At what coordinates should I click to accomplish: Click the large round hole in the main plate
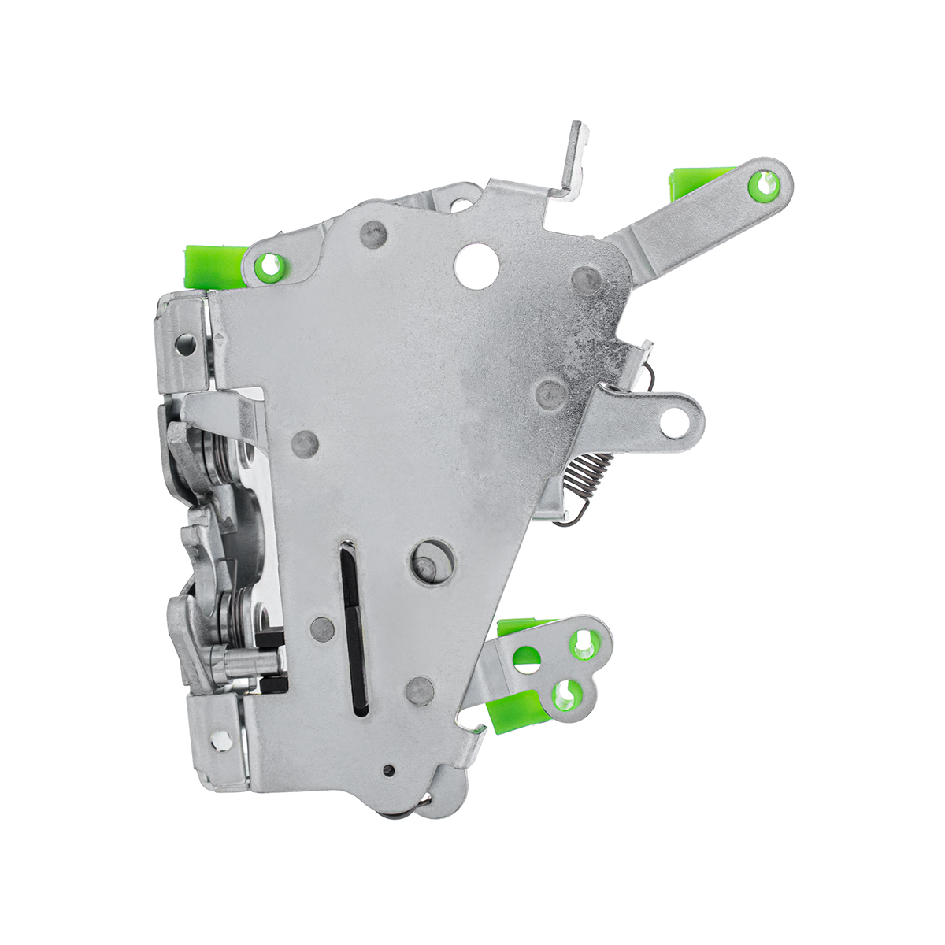pyautogui.click(x=477, y=264)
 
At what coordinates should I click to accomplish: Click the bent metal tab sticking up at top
pyautogui.click(x=574, y=157)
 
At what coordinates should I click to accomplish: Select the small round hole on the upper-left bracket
pyautogui.click(x=185, y=343)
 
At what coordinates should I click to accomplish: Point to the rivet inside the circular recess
pyautogui.click(x=426, y=565)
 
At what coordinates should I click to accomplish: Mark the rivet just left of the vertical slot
pyautogui.click(x=322, y=628)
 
